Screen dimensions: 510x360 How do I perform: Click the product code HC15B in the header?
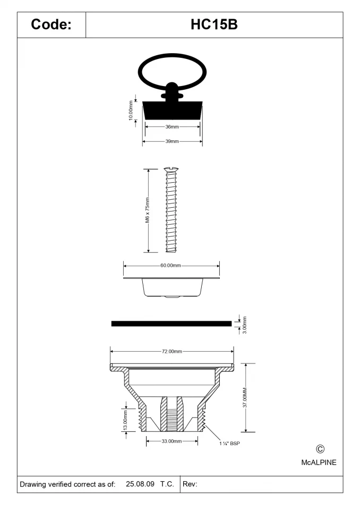[x=214, y=24]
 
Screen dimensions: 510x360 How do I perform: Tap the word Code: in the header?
[x=51, y=24]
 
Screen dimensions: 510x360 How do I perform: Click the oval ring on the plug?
[x=170, y=65]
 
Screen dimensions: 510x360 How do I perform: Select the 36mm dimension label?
[x=172, y=127]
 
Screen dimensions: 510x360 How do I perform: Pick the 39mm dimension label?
[x=172, y=141]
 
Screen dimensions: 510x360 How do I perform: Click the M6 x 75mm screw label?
[x=147, y=211]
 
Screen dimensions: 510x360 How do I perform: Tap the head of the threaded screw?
[x=171, y=171]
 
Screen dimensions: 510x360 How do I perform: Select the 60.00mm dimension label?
[x=171, y=265]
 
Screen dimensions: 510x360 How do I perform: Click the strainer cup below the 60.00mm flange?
[x=172, y=288]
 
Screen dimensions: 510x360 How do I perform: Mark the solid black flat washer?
[x=171, y=322]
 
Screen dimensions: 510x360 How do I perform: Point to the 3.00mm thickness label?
[x=244, y=325]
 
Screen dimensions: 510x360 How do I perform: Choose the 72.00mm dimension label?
[x=172, y=351]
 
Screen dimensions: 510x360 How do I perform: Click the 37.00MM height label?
[x=245, y=397]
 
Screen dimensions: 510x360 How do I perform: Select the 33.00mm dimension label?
[x=172, y=441]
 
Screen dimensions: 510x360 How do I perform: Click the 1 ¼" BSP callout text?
[x=230, y=443]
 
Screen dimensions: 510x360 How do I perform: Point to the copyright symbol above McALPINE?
[x=320, y=449]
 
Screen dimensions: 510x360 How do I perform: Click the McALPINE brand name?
[x=319, y=463]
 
